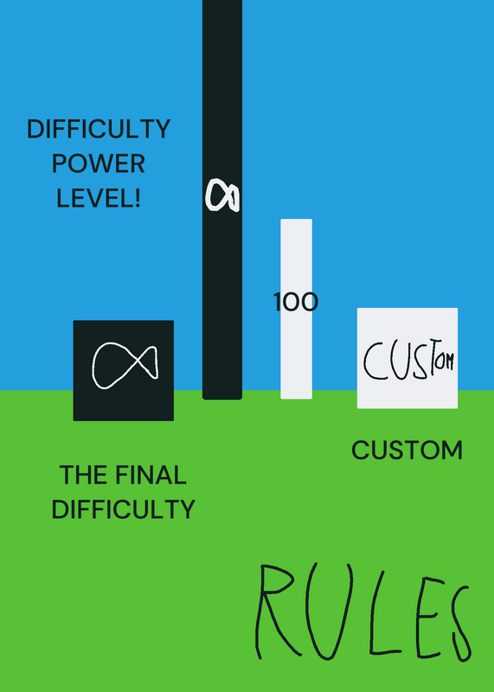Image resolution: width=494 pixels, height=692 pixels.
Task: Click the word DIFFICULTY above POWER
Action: point(99,129)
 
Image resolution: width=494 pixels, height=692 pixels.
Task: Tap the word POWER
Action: point(99,163)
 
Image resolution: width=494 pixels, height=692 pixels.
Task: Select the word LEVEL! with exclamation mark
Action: point(99,198)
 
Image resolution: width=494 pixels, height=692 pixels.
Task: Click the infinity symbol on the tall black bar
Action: point(222,195)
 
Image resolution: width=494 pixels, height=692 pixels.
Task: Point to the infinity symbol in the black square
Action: point(125,366)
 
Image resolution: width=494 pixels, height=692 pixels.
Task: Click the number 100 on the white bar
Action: point(296,302)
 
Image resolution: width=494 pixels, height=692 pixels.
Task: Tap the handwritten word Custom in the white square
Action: point(408,361)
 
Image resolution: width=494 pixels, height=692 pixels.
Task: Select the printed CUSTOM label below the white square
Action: point(407,450)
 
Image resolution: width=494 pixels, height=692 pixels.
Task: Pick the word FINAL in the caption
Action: point(151,475)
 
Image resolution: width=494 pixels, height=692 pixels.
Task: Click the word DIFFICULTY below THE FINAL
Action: point(123,509)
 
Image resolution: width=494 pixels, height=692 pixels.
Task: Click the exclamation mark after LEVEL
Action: point(138,198)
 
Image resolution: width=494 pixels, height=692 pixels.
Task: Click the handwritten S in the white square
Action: point(420,361)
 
